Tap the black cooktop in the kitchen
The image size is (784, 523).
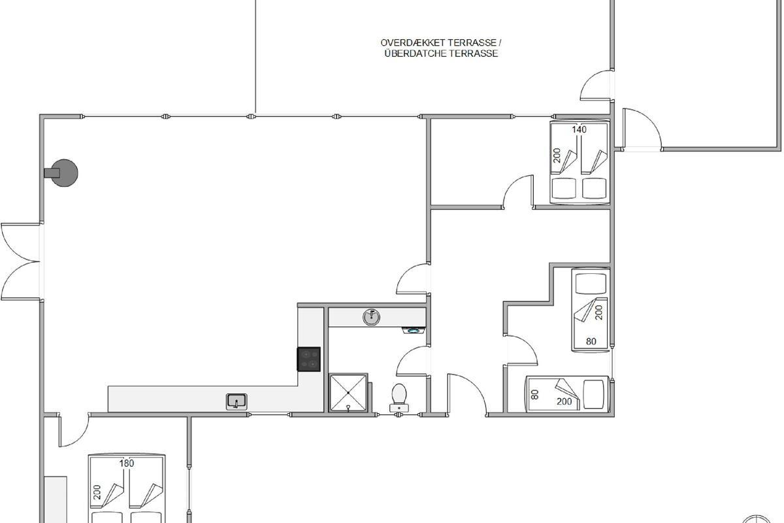[x=308, y=359]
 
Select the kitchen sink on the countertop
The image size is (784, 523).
[x=237, y=401]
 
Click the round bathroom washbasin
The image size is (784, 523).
[x=371, y=317]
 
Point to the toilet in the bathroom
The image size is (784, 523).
[x=399, y=397]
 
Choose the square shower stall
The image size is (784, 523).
[x=348, y=393]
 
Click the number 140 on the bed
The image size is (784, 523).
[x=580, y=129]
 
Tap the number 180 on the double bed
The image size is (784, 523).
[x=126, y=464]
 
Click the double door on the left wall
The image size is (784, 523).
[x=21, y=261]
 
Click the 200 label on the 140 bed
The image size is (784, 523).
[x=557, y=156]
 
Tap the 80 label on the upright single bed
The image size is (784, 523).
[x=591, y=341]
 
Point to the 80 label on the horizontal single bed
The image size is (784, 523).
[x=535, y=395]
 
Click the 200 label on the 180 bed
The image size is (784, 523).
[x=97, y=492]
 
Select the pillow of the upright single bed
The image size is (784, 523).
[x=591, y=283]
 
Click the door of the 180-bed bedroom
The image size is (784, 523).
[x=73, y=430]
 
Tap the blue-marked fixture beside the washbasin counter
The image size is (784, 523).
[x=414, y=330]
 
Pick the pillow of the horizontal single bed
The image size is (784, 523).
[x=594, y=394]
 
